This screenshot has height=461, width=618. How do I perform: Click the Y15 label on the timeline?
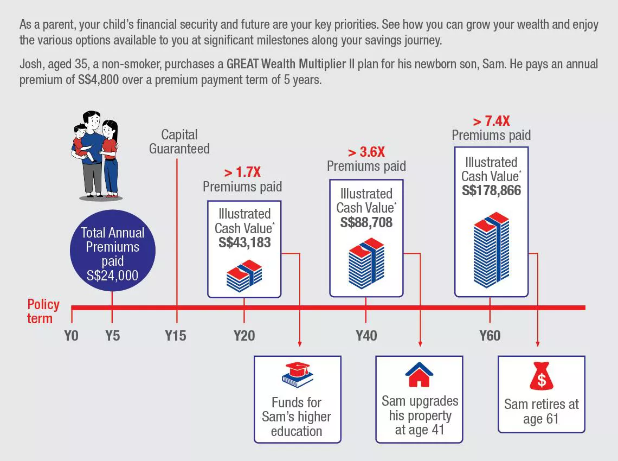(176, 336)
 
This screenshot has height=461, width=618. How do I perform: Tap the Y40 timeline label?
(366, 336)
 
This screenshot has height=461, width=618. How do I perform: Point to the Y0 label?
(72, 336)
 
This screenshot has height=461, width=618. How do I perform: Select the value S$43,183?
(244, 242)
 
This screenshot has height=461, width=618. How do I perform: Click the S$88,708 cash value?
(366, 222)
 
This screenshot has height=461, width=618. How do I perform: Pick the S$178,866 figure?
(491, 190)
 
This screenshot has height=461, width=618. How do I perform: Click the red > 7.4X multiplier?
(491, 121)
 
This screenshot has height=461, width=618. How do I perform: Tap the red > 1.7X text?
(242, 172)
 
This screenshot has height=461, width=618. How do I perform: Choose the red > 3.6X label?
(366, 152)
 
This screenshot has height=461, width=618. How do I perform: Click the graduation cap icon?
(298, 374)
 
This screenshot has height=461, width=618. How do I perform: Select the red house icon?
(420, 374)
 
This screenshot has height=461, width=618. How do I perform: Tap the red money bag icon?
(541, 375)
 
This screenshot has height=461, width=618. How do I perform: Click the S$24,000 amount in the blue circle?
(112, 276)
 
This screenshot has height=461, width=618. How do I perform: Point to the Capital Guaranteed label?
(179, 142)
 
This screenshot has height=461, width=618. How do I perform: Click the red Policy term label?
(43, 311)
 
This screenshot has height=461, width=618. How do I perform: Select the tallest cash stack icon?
(491, 250)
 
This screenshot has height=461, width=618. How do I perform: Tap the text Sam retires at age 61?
(541, 411)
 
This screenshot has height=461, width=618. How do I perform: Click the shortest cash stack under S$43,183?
(244, 276)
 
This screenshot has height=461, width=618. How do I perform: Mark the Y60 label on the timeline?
(490, 336)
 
